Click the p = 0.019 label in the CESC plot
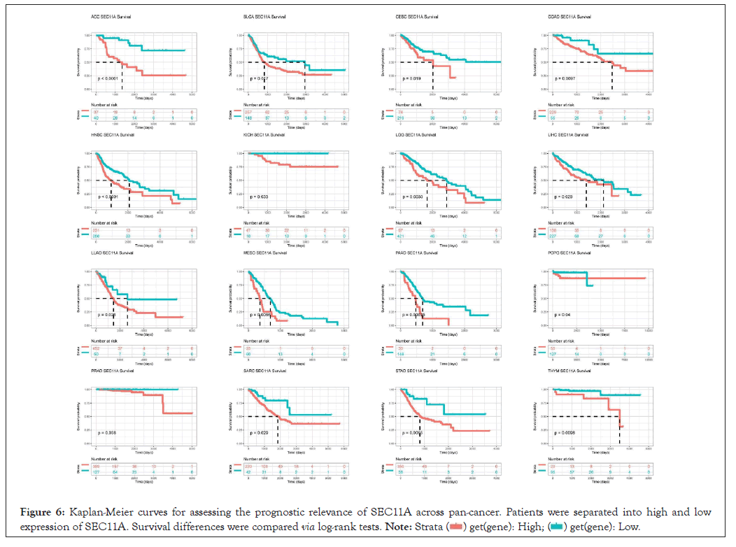[410, 79]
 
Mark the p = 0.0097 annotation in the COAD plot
[564, 79]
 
